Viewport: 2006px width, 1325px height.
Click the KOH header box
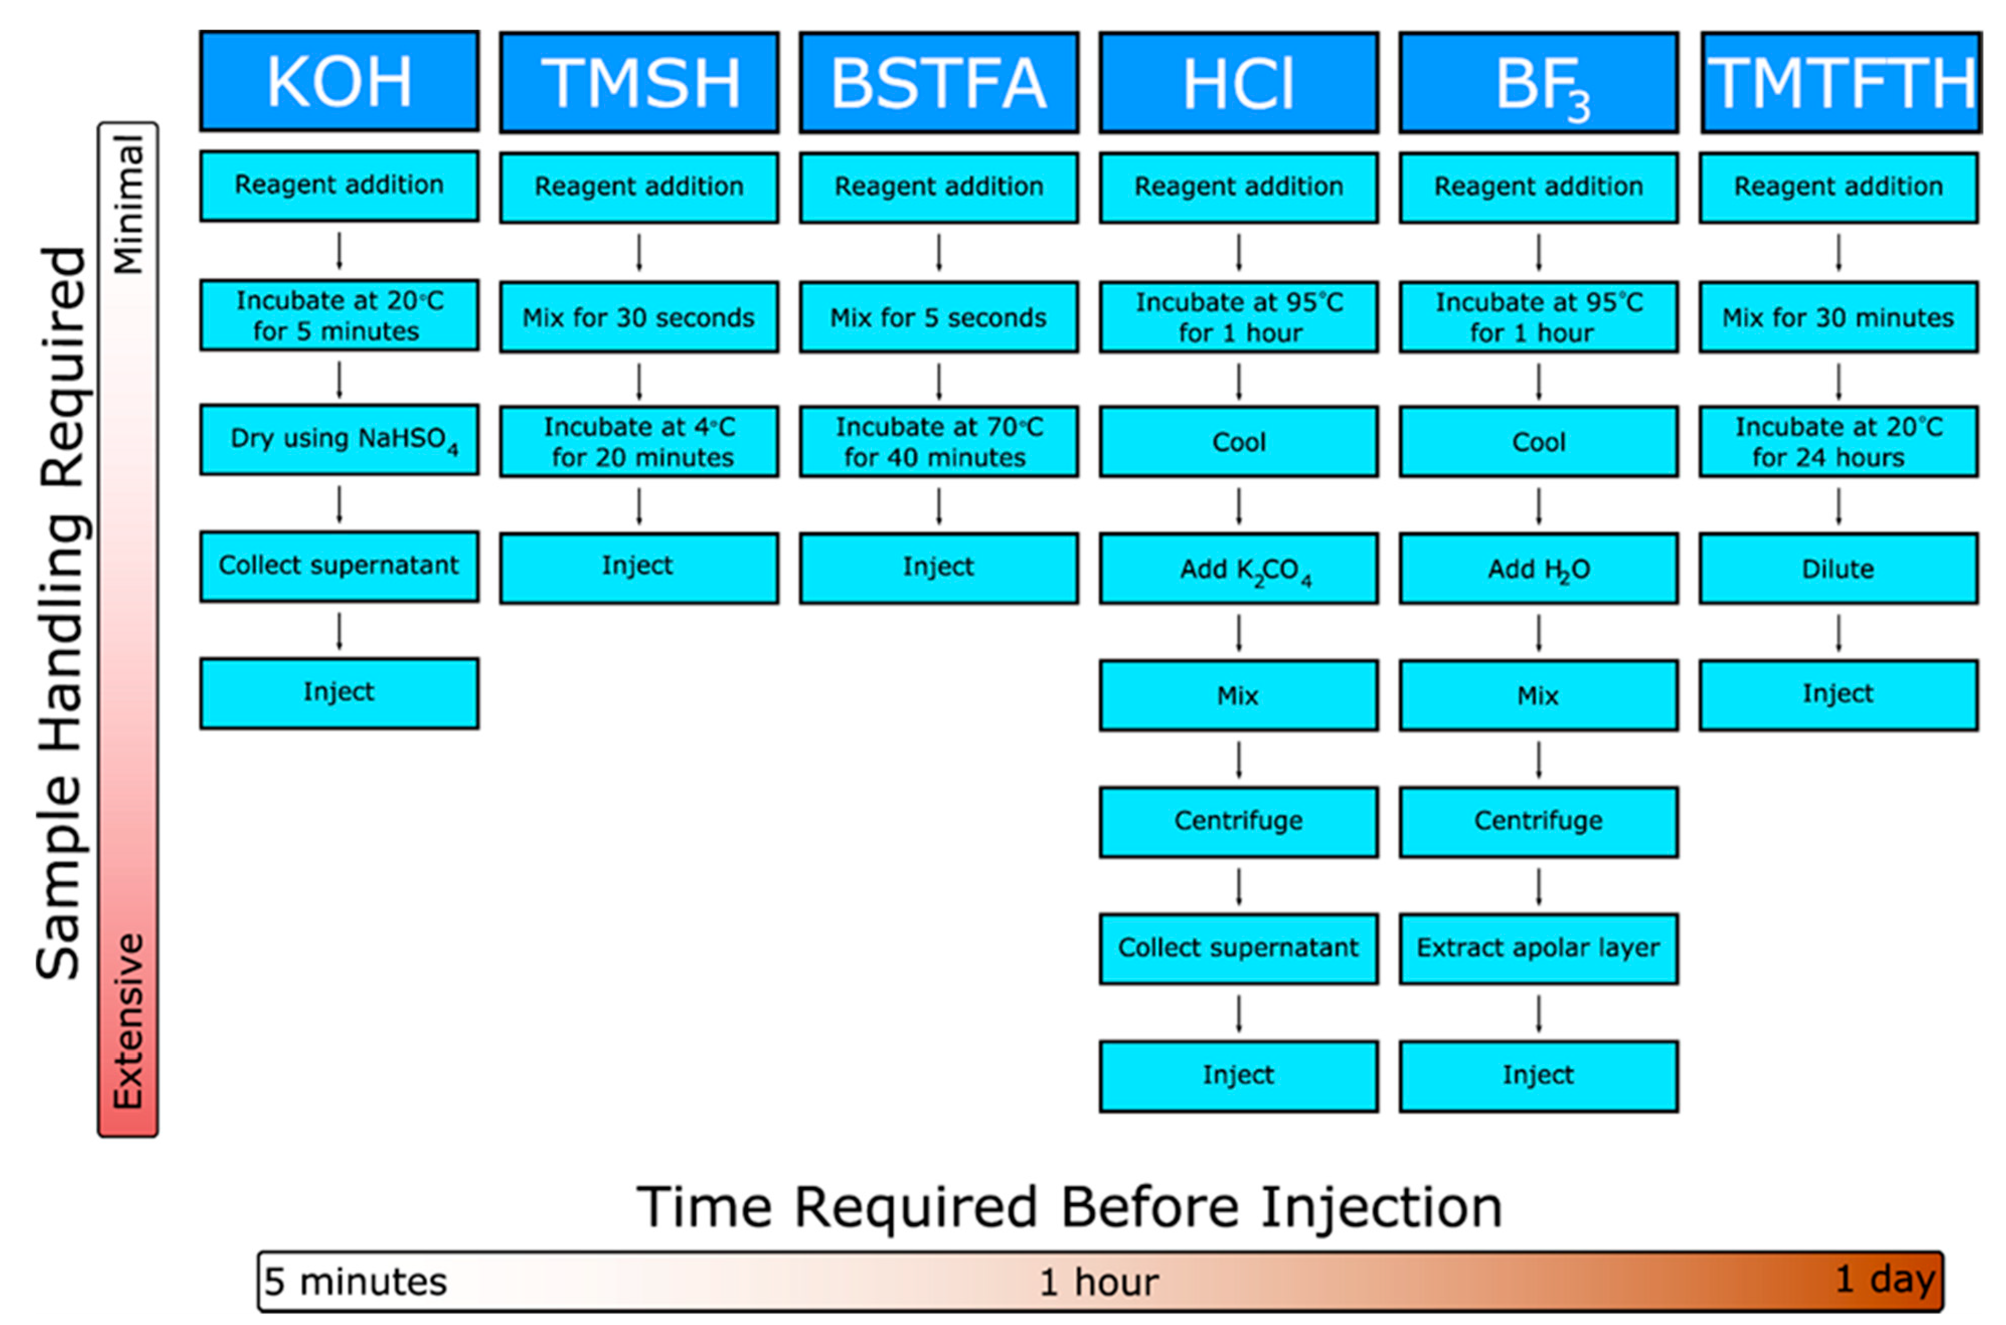click(339, 81)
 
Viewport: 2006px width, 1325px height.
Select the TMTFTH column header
click(1841, 82)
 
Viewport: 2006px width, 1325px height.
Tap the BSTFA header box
click(938, 82)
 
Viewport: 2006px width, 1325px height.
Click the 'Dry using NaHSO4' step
click(339, 439)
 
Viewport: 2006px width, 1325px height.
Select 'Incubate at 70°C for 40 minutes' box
click(938, 442)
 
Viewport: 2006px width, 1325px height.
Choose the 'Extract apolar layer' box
click(1539, 948)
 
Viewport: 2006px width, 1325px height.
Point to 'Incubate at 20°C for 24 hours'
click(1838, 442)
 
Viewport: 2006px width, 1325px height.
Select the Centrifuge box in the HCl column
click(1238, 821)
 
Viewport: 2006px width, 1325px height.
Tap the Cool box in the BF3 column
click(1539, 442)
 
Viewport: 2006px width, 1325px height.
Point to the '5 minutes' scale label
click(355, 1282)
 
